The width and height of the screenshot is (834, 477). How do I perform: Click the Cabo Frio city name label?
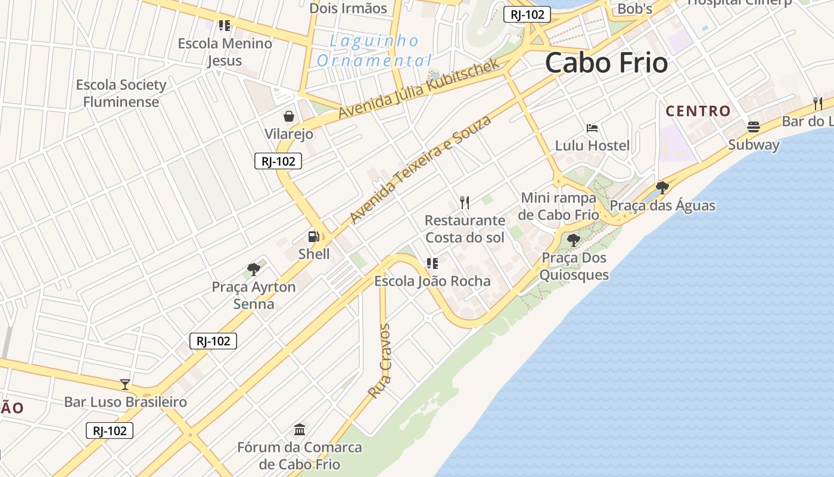[x=606, y=63]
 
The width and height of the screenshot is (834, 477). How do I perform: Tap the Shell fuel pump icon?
[x=314, y=237]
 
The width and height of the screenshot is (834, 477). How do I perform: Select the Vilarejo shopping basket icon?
[x=289, y=116]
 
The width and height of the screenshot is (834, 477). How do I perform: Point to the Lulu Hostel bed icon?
[x=592, y=128]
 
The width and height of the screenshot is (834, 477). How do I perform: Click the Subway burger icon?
[x=754, y=126]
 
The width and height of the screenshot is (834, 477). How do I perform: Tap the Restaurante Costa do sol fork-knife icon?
[x=465, y=203]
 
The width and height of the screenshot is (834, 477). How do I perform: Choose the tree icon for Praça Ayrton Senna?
[x=254, y=270]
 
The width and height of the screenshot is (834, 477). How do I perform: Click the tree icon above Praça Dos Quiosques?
[x=574, y=240]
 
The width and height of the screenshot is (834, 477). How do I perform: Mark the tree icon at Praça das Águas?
[x=662, y=188]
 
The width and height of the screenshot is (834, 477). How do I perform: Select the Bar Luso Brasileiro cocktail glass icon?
[x=125, y=384]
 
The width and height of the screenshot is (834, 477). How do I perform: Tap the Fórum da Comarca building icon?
[x=300, y=429]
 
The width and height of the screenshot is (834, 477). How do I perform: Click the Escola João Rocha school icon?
[x=432, y=263]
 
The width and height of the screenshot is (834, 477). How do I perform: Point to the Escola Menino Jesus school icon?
[x=225, y=26]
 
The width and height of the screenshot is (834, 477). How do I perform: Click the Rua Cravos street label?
[x=379, y=361]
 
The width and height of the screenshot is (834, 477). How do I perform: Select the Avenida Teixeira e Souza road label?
[x=421, y=169]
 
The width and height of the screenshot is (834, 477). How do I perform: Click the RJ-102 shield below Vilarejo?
[x=278, y=161]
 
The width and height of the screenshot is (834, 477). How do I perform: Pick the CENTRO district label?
[x=698, y=111]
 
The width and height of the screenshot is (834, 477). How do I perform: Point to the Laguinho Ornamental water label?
[x=375, y=51]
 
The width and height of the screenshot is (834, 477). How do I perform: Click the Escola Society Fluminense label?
[x=121, y=93]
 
